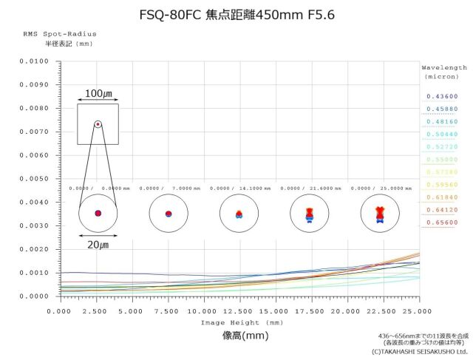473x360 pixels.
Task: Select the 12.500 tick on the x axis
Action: click(x=239, y=311)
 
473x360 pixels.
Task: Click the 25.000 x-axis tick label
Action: click(x=418, y=311)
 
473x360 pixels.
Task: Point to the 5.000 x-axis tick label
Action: click(x=131, y=311)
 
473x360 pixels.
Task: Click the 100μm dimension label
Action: click(x=98, y=94)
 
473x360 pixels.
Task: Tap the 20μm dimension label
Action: click(x=98, y=245)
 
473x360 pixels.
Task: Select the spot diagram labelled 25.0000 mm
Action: click(x=379, y=214)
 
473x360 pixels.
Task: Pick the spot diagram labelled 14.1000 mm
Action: click(x=239, y=214)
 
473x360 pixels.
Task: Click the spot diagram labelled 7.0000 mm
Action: click(x=169, y=214)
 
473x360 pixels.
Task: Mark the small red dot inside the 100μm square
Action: click(x=98, y=124)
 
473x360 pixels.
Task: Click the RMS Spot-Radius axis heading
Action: click(x=60, y=34)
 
